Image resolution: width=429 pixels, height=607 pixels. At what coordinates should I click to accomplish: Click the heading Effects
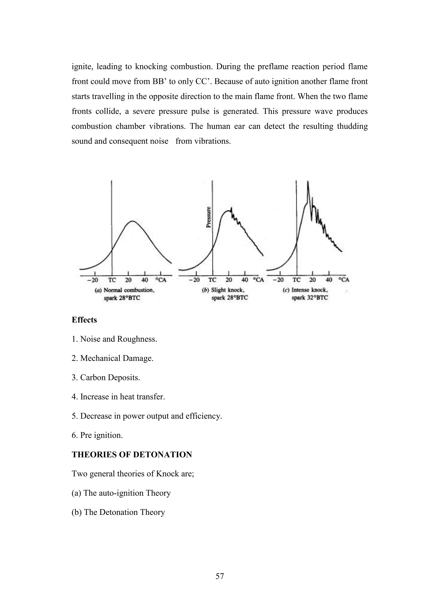tap(84, 320)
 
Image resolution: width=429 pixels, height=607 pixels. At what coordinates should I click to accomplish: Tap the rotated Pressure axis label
tap(209, 217)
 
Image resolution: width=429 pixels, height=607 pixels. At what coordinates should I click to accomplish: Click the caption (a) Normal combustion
tap(125, 290)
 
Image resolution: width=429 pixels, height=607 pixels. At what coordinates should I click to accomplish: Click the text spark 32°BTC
tap(310, 298)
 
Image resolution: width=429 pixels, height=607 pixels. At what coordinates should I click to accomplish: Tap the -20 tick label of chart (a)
tap(93, 280)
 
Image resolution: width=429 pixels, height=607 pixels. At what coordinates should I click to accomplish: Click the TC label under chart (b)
tap(212, 280)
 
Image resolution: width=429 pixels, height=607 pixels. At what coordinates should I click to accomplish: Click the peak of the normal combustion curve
tap(132, 221)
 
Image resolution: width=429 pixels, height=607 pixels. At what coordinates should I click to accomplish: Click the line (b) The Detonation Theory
tap(118, 512)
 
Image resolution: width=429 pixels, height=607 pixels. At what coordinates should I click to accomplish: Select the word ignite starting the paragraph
tap(81, 66)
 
